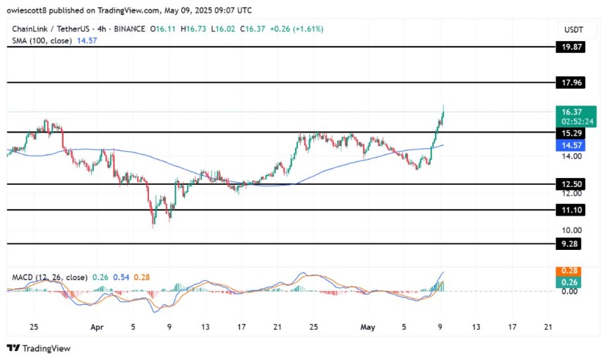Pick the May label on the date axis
(366, 328)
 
